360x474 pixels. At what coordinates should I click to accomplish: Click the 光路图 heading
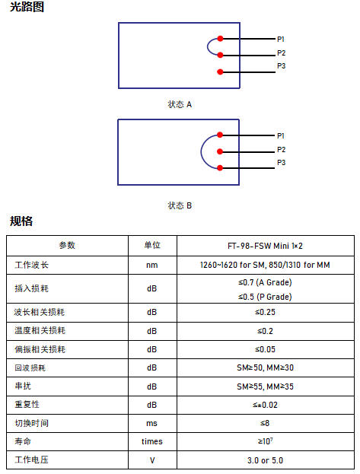[x=27, y=7]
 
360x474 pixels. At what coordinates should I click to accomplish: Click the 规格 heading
[x=21, y=221]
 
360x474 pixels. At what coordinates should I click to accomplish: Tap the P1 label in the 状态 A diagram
[x=281, y=39]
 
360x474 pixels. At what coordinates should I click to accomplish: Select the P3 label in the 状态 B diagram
[x=282, y=163]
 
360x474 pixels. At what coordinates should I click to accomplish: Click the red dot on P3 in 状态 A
[x=220, y=72]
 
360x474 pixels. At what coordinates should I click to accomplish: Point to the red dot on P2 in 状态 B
[x=220, y=151]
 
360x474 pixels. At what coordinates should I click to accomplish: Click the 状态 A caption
[x=180, y=104]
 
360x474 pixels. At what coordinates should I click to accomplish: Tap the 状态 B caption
[x=180, y=205]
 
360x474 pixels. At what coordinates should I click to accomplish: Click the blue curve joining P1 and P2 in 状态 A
[x=208, y=47]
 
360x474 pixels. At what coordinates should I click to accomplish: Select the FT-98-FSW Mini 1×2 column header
[x=265, y=246]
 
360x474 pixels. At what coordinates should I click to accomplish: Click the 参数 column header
[x=67, y=245]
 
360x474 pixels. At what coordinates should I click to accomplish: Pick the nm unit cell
[x=152, y=265]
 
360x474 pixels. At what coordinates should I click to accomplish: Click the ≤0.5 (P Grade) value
[x=265, y=297]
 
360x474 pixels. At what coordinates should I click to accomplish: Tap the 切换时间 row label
[x=31, y=423]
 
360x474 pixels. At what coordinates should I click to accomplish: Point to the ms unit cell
[x=151, y=424]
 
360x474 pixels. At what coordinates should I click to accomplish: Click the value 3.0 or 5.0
[x=265, y=460]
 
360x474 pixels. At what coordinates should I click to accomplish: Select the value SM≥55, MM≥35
[x=265, y=387]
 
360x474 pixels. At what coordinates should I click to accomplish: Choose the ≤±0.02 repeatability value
[x=265, y=405]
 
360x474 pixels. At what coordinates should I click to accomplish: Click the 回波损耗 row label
[x=30, y=368]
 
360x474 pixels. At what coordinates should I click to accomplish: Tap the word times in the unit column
[x=152, y=441]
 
